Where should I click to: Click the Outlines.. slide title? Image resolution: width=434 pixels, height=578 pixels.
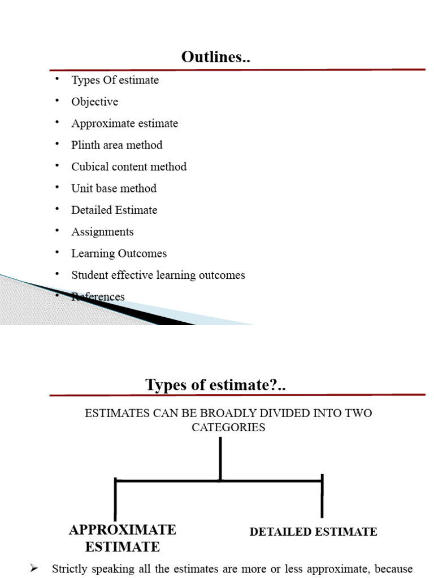tap(215, 57)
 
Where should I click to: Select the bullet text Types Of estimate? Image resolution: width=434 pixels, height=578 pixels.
tap(115, 80)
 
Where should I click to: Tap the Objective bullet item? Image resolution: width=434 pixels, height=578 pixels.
tap(94, 102)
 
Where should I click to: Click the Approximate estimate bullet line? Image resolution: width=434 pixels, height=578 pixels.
tap(124, 123)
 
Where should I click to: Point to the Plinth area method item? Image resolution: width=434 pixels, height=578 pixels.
tap(116, 145)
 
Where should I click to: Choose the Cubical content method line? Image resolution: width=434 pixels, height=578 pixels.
tap(128, 167)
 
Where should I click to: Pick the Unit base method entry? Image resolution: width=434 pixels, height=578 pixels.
tap(114, 188)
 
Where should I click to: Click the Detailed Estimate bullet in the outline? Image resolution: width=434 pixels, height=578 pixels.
tap(114, 210)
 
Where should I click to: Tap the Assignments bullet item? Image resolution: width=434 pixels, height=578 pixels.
tap(102, 231)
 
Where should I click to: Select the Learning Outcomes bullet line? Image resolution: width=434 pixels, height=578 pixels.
tap(119, 253)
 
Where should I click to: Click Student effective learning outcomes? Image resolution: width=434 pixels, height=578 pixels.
tap(158, 275)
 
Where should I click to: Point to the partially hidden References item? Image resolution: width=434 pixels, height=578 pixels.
tap(98, 297)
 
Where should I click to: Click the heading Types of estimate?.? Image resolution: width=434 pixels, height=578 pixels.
tap(215, 385)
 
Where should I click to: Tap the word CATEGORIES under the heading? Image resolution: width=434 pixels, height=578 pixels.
tap(228, 427)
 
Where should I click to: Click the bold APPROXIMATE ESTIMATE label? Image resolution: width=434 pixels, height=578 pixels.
tap(123, 538)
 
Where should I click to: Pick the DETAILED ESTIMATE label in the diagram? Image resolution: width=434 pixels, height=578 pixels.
tap(313, 532)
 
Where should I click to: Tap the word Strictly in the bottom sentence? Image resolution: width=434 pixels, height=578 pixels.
tap(68, 569)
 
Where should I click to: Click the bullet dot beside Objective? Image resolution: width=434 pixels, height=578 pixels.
tap(57, 100)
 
